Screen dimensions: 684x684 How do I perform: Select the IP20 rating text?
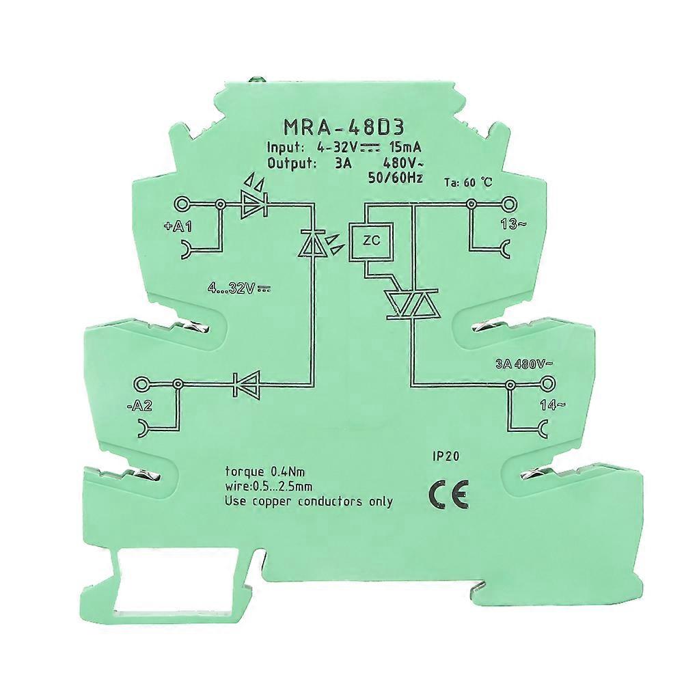pyautogui.click(x=445, y=458)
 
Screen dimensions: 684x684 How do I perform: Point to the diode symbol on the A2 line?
pyautogui.click(x=245, y=385)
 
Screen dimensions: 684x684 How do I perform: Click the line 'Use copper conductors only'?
pyautogui.click(x=309, y=502)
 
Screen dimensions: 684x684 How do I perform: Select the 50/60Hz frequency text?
pyautogui.click(x=396, y=179)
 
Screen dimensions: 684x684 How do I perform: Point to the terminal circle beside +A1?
pyautogui.click(x=183, y=204)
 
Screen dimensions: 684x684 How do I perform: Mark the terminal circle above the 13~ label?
pyautogui.click(x=508, y=203)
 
